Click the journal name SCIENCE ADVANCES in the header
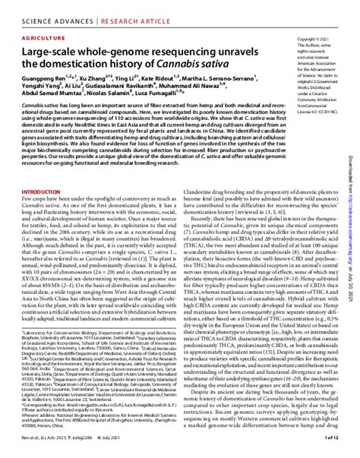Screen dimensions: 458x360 [45, 10]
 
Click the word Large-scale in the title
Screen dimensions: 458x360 [54, 49]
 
